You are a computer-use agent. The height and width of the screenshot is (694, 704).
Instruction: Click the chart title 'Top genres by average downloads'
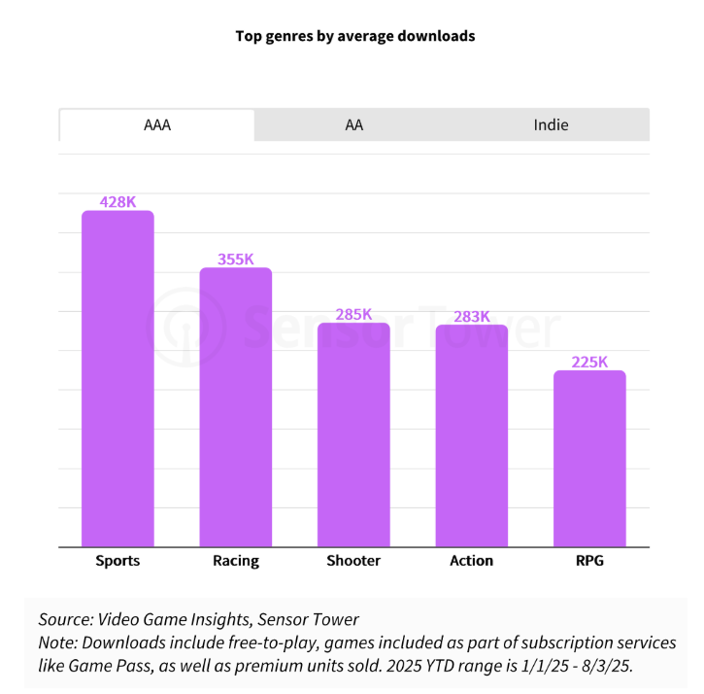pos(354,36)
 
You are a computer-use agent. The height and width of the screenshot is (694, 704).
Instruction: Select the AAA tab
pos(156,125)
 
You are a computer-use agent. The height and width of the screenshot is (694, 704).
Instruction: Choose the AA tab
pos(353,125)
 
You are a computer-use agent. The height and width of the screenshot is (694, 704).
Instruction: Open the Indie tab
pos(551,125)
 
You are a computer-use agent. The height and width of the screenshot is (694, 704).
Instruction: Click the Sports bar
pos(117,379)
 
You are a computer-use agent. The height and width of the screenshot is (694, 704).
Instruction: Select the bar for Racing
pos(236,407)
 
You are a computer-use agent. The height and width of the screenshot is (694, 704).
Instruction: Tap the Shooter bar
pos(353,434)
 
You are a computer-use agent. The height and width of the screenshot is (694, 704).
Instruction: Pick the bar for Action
pos(472,435)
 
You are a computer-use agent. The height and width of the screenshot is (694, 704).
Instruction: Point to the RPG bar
pos(589,459)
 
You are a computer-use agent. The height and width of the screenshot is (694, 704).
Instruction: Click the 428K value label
pos(117,202)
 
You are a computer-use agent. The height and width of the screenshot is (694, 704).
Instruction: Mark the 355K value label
pos(236,260)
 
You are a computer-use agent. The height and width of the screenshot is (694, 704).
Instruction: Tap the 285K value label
pos(353,315)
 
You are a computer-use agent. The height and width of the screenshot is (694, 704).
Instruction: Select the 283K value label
pos(472,316)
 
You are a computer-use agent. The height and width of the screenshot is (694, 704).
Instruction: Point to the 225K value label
pos(589,362)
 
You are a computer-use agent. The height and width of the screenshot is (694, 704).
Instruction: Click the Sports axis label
pos(117,561)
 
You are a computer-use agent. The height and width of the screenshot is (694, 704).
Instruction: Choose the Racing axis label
pos(236,561)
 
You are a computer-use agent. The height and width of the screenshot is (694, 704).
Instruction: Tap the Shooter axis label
pos(353,561)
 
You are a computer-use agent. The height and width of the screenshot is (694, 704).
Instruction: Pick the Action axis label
pos(472,561)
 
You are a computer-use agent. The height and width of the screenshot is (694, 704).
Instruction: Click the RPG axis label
pos(589,561)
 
